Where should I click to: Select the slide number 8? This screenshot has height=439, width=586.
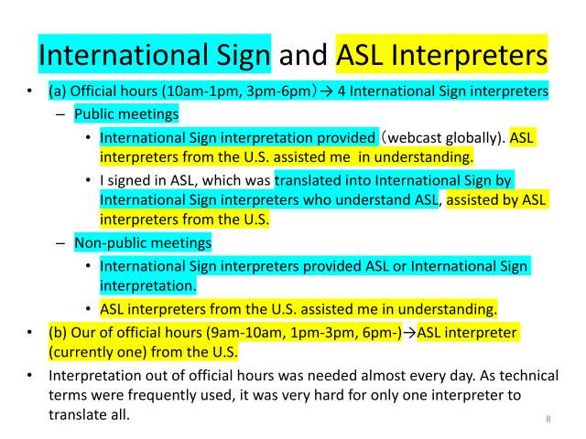point(548,419)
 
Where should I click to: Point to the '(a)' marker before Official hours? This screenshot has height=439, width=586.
point(59,91)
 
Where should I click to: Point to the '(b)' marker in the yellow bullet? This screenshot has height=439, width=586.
point(60,332)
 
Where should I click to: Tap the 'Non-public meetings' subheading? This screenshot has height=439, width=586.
point(142,243)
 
